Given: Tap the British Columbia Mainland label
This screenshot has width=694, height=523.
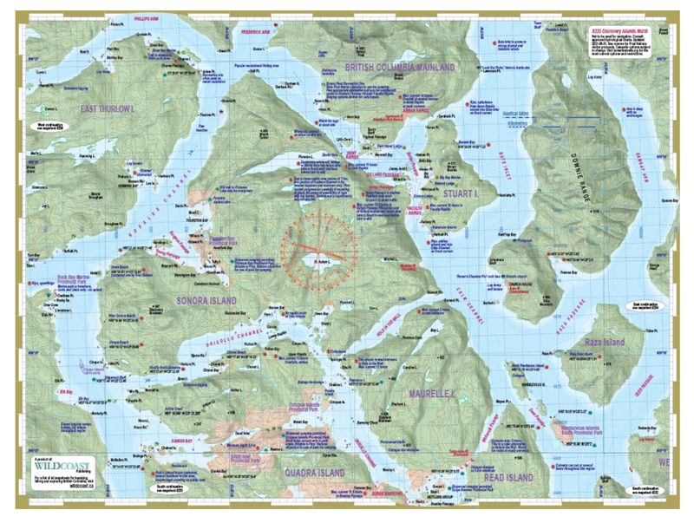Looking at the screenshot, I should pyautogui.click(x=400, y=67).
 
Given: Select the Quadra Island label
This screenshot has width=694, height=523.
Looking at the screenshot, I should pyautogui.click(x=314, y=473).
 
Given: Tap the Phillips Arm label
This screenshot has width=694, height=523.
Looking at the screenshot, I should pyautogui.click(x=147, y=15).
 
